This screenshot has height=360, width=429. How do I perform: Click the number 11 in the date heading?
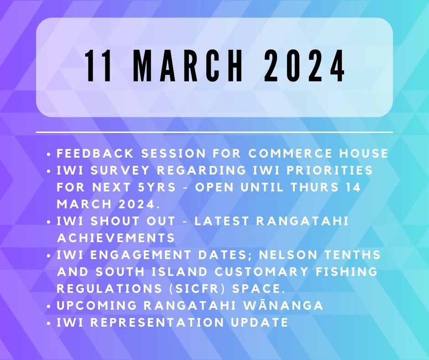click(x=99, y=66)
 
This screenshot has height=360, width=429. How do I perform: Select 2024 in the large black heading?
click(x=304, y=66)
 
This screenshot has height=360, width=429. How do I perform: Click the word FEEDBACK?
click(x=95, y=153)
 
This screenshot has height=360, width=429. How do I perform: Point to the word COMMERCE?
click(x=290, y=153)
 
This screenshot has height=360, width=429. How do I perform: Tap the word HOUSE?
click(x=364, y=153)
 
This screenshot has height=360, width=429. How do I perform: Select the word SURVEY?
click(x=120, y=170)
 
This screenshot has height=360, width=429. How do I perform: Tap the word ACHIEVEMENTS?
click(x=116, y=238)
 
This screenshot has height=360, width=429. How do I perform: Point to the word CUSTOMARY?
click(x=262, y=271)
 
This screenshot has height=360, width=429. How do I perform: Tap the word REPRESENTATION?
click(x=157, y=322)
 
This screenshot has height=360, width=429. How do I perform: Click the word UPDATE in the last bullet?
click(x=260, y=322)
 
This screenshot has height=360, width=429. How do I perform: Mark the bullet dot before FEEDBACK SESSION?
click(x=49, y=154)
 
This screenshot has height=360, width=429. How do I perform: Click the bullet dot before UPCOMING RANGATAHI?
click(x=49, y=307)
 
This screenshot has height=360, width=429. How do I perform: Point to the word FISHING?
click(x=347, y=271)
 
